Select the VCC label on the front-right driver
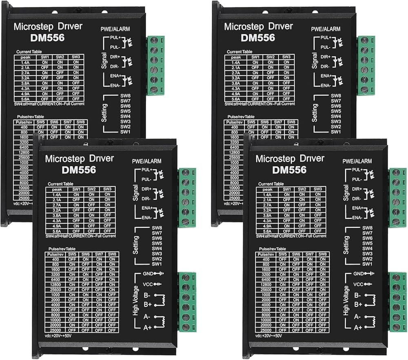[x=358, y=284]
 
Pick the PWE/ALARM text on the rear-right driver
[x=325, y=29]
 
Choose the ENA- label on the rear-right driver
[x=326, y=86]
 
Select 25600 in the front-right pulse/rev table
[x=266, y=289]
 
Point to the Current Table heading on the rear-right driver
[x=240, y=52]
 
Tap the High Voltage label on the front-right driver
[x=346, y=301]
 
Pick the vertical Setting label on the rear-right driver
[x=315, y=113]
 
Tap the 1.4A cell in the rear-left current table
[x=25, y=62]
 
